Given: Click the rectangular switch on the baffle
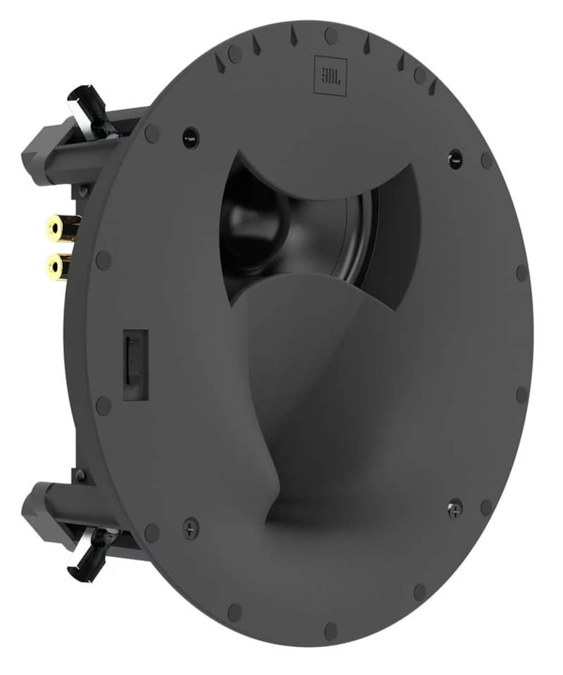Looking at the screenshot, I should [135, 365].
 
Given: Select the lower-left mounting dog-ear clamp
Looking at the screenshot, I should [87, 553].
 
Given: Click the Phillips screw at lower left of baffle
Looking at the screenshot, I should [190, 527].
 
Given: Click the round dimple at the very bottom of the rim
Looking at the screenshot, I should [331, 628].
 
